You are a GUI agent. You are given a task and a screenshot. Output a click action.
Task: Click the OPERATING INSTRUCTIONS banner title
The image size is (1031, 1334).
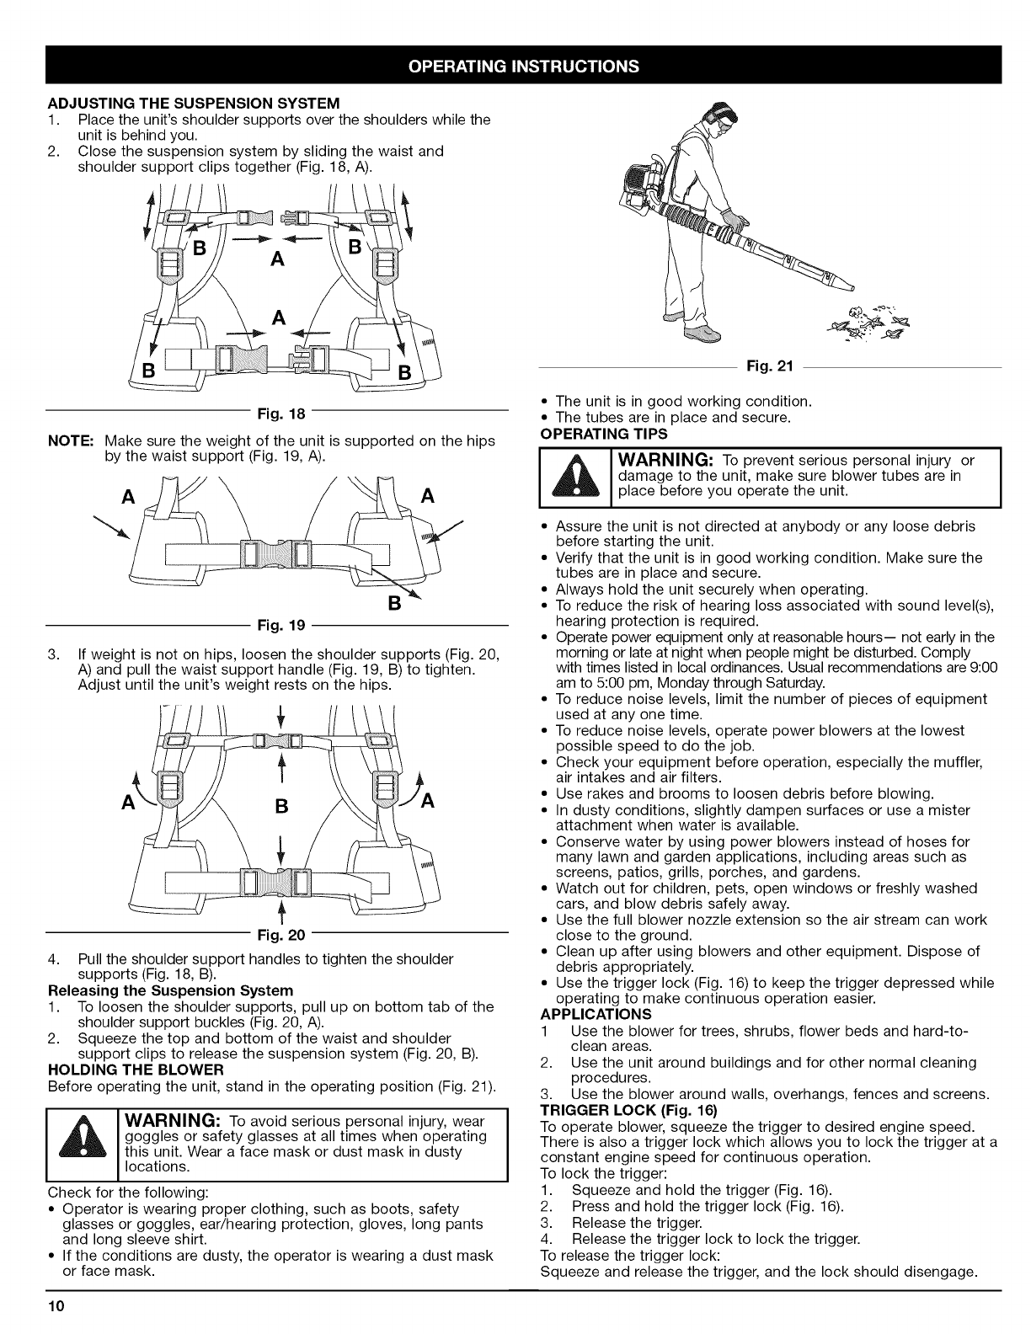(515, 66)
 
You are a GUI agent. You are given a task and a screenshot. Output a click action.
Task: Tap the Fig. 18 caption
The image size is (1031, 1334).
(277, 414)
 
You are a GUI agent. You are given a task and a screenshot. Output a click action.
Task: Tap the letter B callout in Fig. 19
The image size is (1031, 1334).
(414, 603)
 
